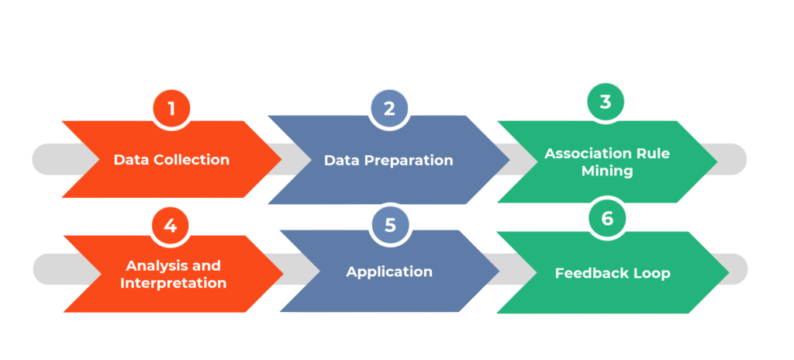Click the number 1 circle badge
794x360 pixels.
point(171,109)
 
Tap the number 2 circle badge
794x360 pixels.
point(389,109)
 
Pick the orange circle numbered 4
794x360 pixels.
point(171,225)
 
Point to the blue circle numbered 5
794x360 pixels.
point(389,225)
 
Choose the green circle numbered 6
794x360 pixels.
point(607,219)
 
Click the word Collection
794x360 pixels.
point(190,160)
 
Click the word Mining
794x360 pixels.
point(607,171)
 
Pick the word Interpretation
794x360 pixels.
point(173,283)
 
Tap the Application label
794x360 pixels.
point(389,272)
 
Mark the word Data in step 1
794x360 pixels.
point(131,160)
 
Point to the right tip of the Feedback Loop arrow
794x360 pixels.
point(727,272)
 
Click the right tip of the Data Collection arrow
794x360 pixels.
point(281,159)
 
